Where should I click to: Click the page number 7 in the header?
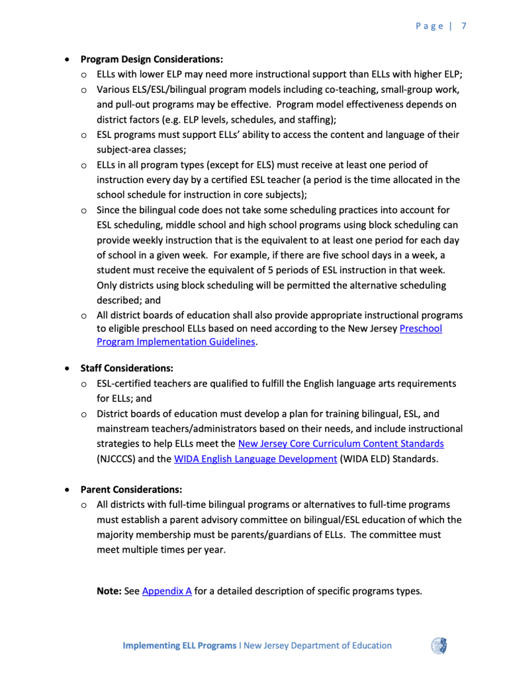465,26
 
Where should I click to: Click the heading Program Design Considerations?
152,59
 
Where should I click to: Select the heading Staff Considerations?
127,368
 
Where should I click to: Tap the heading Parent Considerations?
131,490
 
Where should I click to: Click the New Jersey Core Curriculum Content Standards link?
341,443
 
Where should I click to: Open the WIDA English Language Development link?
255,459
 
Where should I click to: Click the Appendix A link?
167,591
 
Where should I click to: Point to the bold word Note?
109,591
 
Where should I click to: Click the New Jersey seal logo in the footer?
439,646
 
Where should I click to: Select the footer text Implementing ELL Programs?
179,646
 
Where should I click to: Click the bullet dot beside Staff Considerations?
67,368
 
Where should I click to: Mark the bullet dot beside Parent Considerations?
67,490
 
